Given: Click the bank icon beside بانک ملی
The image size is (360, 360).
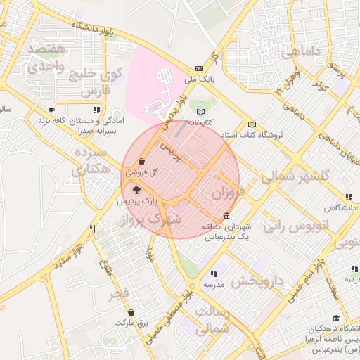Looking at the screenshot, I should [200, 69].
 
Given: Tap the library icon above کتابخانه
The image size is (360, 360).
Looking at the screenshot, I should [202, 112].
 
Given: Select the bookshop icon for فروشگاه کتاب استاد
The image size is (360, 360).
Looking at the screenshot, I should [252, 124].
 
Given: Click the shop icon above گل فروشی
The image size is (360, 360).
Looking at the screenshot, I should [143, 161].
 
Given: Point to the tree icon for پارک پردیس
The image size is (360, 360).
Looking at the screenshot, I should [136, 189].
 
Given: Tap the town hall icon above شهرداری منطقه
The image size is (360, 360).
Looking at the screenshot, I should [226, 216].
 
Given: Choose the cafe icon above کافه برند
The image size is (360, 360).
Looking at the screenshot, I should [51, 110].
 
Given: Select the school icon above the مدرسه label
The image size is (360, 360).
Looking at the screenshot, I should [214, 274].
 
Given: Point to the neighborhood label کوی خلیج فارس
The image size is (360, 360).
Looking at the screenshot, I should [103, 82].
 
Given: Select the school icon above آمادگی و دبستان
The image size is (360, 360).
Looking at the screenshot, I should [96, 110].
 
